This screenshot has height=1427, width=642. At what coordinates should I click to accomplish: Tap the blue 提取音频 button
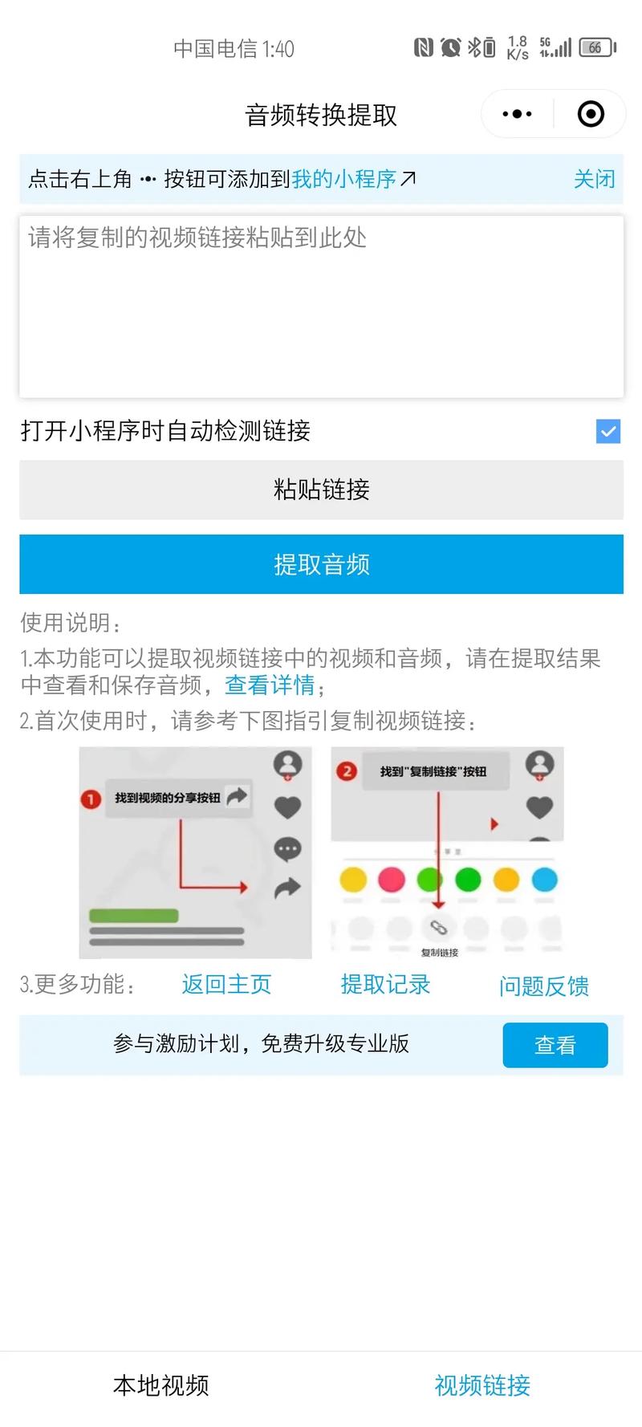(x=321, y=564)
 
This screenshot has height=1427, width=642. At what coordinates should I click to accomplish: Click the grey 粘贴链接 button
(x=321, y=490)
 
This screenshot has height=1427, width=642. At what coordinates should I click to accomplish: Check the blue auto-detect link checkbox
(x=608, y=432)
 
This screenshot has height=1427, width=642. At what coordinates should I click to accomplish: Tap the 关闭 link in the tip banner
(x=594, y=179)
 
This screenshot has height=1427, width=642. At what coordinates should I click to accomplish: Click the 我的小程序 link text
(x=343, y=179)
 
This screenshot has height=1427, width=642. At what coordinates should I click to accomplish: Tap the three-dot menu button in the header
(x=517, y=114)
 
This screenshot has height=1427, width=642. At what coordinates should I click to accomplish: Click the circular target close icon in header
(x=591, y=114)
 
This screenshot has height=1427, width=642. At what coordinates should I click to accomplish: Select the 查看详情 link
(x=270, y=685)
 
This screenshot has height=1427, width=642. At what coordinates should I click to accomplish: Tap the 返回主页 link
(x=226, y=984)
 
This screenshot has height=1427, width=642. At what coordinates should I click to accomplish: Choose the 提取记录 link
(x=385, y=984)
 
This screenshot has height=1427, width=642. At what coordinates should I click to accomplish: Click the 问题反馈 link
(x=544, y=986)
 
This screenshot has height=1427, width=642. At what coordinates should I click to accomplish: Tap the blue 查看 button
(x=555, y=1045)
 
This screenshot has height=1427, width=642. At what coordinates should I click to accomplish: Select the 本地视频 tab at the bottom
(x=160, y=1385)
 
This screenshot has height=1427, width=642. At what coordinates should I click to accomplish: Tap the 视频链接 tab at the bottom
(x=482, y=1385)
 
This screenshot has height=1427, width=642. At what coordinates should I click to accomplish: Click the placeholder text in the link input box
(x=197, y=238)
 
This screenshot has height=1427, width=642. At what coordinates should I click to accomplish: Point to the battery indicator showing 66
(x=596, y=48)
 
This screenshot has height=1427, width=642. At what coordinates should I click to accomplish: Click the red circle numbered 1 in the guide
(x=91, y=799)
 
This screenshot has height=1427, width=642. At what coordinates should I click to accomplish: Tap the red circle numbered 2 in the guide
(x=347, y=772)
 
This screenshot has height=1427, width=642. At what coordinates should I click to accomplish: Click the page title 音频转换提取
(x=321, y=116)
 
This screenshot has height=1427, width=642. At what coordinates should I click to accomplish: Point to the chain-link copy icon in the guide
(x=438, y=928)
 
